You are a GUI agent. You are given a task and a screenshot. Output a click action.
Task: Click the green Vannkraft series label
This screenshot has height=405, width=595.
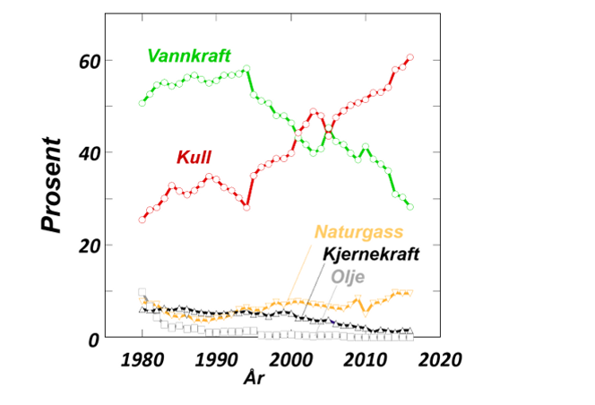click(x=189, y=56)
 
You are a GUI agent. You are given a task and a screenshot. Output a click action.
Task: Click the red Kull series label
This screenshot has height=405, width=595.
click(x=194, y=158)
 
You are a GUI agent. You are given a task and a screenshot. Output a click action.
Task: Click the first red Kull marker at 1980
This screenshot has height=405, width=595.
click(x=142, y=220)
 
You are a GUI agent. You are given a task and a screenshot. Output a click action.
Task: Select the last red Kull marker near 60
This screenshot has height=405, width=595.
click(x=410, y=57)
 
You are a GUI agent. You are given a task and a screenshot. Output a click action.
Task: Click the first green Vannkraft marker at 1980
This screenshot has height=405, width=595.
click(x=142, y=103)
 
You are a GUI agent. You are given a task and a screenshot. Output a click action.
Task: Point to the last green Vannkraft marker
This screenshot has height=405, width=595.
click(x=410, y=206)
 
